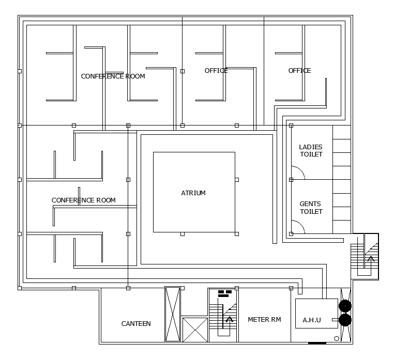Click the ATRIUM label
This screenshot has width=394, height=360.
point(193,193)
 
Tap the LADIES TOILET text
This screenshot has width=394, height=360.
point(311,151)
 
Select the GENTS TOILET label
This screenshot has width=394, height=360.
point(311,208)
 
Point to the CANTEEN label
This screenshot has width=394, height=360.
point(136,324)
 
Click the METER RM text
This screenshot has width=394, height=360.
point(264,320)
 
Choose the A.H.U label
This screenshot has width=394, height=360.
point(312,320)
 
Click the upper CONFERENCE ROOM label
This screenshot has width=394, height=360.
point(113,76)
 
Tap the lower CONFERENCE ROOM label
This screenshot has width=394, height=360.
point(83,200)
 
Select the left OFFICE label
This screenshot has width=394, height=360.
point(216,71)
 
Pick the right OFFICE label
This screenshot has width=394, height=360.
point(299,71)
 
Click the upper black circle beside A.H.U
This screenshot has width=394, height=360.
point(345,306)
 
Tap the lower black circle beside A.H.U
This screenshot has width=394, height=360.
point(345,320)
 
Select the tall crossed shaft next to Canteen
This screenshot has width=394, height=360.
point(173,314)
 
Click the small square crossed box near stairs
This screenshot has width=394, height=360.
point(195,330)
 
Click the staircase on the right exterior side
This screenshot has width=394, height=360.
point(365,256)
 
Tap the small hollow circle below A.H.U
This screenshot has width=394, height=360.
point(337,339)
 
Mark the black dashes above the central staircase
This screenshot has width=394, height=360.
point(224,293)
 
